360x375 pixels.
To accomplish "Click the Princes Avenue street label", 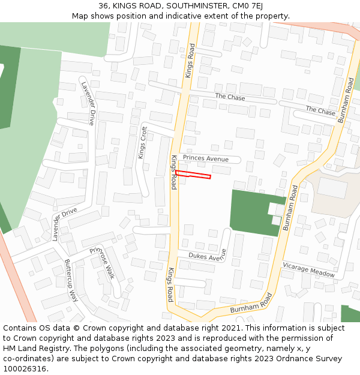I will click(206, 159).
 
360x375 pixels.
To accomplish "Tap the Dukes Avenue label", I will click(208, 256).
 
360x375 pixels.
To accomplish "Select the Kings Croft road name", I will click(143, 142).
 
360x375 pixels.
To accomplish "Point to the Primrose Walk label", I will click(102, 263).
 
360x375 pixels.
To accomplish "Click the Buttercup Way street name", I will click(71, 280).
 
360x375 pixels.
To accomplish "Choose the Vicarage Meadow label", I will click(309, 269).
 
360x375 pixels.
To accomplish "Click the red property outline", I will click(193, 175).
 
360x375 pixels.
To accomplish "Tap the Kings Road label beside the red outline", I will click(174, 172).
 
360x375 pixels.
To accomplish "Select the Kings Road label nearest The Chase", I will click(190, 61).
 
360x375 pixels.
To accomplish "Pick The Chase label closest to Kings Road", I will click(230, 97).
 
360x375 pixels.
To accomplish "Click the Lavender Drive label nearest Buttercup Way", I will click(64, 224).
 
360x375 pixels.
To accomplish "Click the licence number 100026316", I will click(25, 369).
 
